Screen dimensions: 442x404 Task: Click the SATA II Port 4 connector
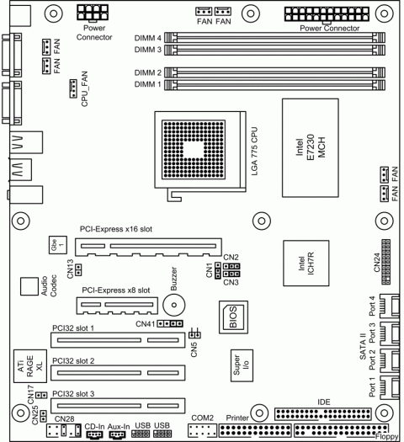click(391, 307)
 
